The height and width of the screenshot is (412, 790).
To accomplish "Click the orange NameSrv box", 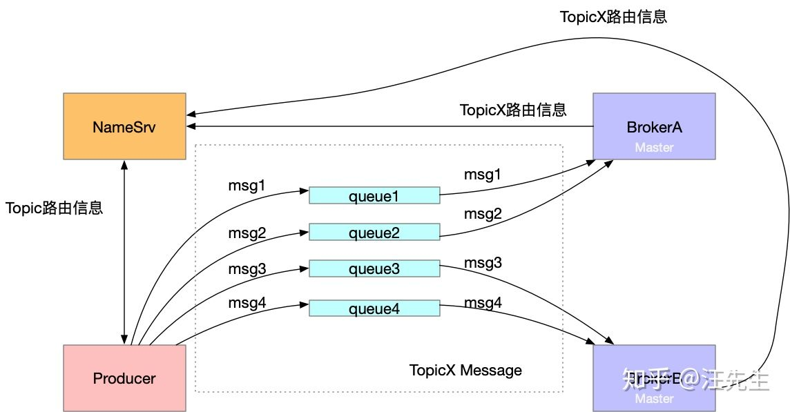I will (124, 127).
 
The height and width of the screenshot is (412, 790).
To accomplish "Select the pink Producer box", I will (124, 378).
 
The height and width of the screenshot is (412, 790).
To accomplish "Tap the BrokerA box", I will (654, 127).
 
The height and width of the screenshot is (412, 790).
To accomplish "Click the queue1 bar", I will (374, 196).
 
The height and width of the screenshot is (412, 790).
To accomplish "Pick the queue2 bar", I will (374, 233).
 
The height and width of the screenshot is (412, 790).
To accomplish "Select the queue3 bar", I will (374, 269).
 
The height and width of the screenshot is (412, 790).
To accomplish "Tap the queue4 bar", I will (374, 308).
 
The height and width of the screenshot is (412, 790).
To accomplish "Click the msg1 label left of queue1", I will (247, 185).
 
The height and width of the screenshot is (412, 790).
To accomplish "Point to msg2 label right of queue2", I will (483, 214).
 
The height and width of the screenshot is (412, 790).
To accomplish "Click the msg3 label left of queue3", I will (247, 269).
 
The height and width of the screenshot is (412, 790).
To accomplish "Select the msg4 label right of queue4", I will (483, 302).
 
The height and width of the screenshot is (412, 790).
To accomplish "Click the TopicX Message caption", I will (465, 370).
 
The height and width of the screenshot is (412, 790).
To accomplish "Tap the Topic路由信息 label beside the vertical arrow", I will (54, 208).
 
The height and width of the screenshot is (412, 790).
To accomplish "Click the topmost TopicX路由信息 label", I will (613, 17).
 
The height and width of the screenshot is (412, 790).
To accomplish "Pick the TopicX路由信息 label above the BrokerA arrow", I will (513, 109).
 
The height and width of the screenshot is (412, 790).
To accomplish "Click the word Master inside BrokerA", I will (654, 147).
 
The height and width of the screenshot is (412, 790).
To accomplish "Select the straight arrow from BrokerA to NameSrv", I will (387, 127).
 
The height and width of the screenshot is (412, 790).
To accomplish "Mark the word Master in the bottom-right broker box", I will (654, 398).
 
